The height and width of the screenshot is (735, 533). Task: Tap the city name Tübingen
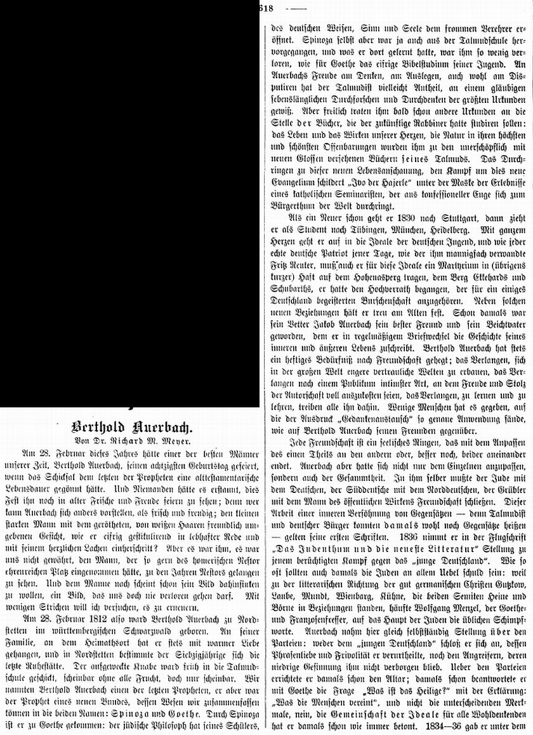point(360,250)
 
